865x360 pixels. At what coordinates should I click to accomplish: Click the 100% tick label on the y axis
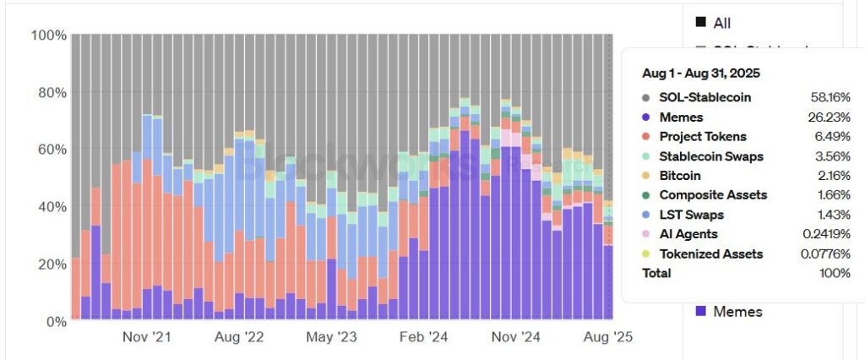(48, 35)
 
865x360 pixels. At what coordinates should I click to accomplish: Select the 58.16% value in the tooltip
(830, 97)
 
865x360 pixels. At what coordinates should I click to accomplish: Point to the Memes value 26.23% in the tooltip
(830, 117)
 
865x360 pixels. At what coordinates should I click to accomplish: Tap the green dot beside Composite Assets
(647, 195)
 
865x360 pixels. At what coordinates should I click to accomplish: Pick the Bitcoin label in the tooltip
(682, 176)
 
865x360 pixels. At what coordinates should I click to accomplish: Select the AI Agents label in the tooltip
(689, 234)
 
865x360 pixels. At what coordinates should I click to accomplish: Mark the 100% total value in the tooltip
(835, 273)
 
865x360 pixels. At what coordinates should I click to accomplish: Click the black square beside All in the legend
(700, 23)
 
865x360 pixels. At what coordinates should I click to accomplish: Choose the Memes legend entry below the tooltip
(737, 312)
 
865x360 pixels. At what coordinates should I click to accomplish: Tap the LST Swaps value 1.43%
(833, 215)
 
